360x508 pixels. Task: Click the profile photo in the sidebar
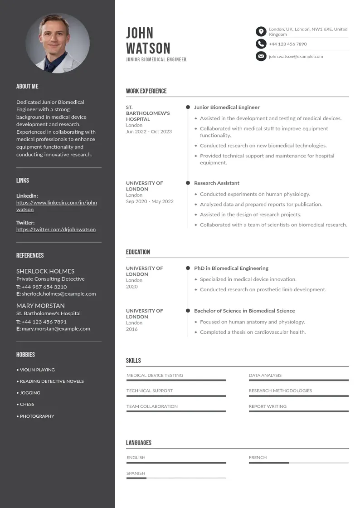pyautogui.click(x=58, y=43)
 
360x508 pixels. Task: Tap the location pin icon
pyautogui.click(x=261, y=31)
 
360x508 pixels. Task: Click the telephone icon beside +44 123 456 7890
pyautogui.click(x=261, y=44)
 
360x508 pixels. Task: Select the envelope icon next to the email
pyautogui.click(x=261, y=56)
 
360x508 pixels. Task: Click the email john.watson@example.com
pyautogui.click(x=296, y=57)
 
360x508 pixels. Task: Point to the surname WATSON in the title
pyautogui.click(x=148, y=48)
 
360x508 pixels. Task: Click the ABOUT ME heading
pyautogui.click(x=27, y=86)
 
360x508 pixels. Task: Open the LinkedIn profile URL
pyautogui.click(x=57, y=206)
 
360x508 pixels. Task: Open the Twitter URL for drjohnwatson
pyautogui.click(x=56, y=230)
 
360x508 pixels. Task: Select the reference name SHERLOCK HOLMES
pyautogui.click(x=45, y=271)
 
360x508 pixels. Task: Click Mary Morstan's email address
pyautogui.click(x=56, y=329)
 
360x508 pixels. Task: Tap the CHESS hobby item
pyautogui.click(x=27, y=404)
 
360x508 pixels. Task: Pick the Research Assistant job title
pyautogui.click(x=217, y=183)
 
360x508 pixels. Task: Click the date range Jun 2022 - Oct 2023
pyautogui.click(x=149, y=132)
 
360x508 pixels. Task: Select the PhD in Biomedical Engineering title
pyautogui.click(x=231, y=269)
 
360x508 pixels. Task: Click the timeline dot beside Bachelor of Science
pyautogui.click(x=188, y=311)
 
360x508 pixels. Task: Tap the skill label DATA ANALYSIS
pyautogui.click(x=265, y=376)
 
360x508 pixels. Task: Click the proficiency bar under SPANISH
pyautogui.click(x=176, y=478)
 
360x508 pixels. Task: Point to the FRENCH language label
pyautogui.click(x=258, y=458)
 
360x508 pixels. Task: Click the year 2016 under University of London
pyautogui.click(x=132, y=329)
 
